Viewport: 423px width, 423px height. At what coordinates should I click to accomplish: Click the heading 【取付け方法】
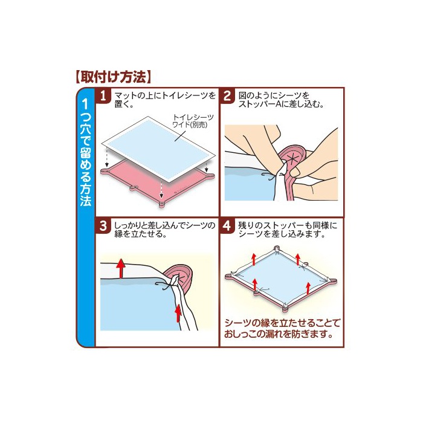pyautogui.click(x=113, y=77)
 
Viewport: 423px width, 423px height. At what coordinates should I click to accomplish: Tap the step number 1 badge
pyautogui.click(x=103, y=95)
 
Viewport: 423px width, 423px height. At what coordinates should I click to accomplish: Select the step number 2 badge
pyautogui.click(x=227, y=95)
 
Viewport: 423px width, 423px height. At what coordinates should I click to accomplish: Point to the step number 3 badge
pyautogui.click(x=103, y=226)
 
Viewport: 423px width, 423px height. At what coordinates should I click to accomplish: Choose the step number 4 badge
pyautogui.click(x=227, y=226)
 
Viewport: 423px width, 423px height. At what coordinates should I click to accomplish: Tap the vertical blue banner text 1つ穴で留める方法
pyautogui.click(x=86, y=152)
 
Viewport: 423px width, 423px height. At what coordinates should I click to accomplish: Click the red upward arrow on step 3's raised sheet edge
pyautogui.click(x=121, y=268)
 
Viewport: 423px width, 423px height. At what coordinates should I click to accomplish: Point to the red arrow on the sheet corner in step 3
pyautogui.click(x=178, y=313)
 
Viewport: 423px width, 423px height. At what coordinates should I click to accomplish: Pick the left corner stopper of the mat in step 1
pyautogui.click(x=104, y=171)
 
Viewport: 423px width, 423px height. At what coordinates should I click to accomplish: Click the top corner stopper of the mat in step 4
pyautogui.click(x=276, y=248)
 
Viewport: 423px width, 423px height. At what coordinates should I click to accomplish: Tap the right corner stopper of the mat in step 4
pyautogui.click(x=332, y=281)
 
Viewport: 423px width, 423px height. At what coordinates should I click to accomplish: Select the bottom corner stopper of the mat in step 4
pyautogui.click(x=285, y=309)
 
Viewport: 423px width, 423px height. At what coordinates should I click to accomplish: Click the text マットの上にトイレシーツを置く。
pyautogui.click(x=165, y=100)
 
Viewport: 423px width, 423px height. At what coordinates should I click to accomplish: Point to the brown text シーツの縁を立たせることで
pyautogui.click(x=282, y=323)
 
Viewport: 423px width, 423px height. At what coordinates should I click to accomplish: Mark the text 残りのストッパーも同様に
pyautogui.click(x=288, y=225)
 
